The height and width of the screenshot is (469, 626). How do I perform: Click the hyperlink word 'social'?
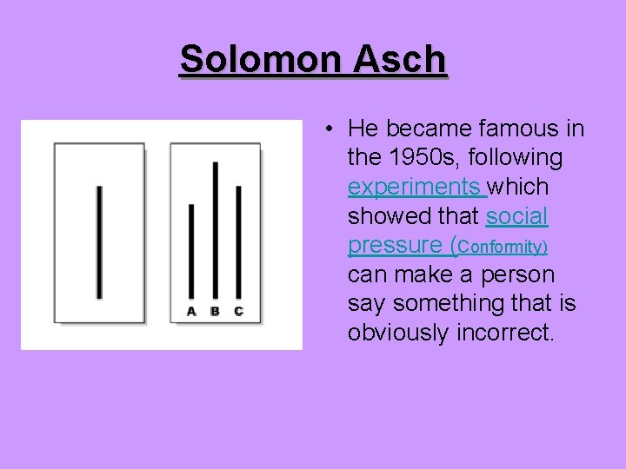[x=517, y=216]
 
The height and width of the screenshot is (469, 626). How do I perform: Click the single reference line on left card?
[x=100, y=241]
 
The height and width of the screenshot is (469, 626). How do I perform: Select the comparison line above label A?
[x=191, y=252]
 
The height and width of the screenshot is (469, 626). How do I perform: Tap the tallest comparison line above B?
[x=215, y=230]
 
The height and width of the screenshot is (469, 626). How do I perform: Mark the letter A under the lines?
[x=191, y=311]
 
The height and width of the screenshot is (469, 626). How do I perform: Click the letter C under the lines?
[x=238, y=311]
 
